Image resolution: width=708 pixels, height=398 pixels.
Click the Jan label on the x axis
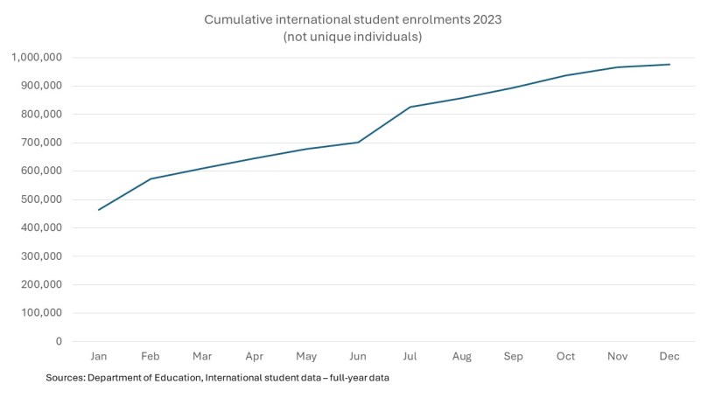[99, 357]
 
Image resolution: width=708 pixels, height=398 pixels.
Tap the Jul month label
[410, 357]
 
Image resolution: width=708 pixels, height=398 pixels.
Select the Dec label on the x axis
[669, 357]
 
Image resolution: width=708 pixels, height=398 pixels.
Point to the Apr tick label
[255, 357]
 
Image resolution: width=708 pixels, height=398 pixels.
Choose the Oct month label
[566, 357]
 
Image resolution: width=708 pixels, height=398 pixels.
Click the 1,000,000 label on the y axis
[37, 58]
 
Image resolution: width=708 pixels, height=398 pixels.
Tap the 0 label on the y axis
[59, 341]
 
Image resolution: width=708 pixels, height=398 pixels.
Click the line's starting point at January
[99, 210]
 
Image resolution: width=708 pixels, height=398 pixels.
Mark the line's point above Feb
[151, 179]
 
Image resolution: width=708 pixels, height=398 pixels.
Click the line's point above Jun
[358, 143]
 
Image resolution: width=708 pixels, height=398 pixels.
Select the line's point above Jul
[410, 107]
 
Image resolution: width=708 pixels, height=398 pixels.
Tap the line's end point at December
[669, 64]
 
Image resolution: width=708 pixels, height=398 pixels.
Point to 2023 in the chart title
[486, 18]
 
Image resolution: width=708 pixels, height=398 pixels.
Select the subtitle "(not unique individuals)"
[354, 37]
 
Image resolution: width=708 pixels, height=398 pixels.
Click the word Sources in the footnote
[67, 377]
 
